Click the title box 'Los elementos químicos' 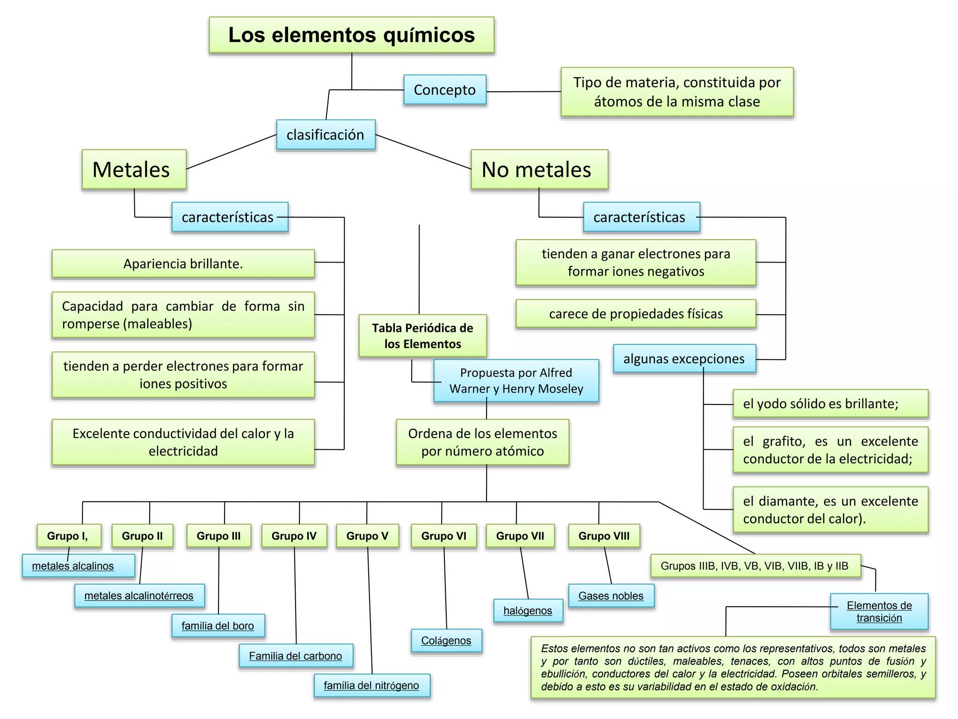point(351,35)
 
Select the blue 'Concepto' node point(445,89)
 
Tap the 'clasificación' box point(326,135)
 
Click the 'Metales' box point(134,169)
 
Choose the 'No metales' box point(539,169)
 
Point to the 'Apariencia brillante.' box point(183,264)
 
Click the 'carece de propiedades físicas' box point(636,314)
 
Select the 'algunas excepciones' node point(684,359)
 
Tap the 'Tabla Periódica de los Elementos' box point(422,336)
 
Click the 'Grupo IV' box point(294,536)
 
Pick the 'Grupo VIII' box point(604,536)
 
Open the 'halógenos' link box point(528,610)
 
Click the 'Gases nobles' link point(611,595)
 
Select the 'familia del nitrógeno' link point(371,685)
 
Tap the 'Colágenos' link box point(446,640)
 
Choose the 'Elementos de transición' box point(879,611)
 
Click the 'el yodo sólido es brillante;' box point(830,404)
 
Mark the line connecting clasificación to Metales point(232,152)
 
